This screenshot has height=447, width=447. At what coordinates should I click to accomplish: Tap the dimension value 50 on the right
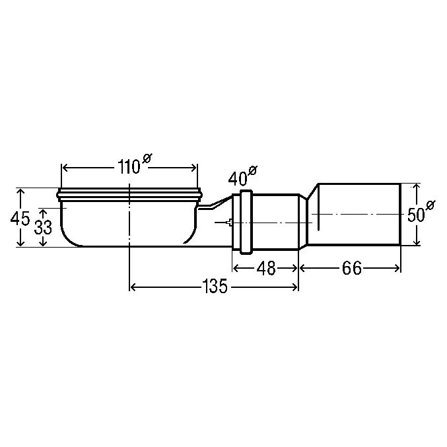pyautogui.click(x=415, y=215)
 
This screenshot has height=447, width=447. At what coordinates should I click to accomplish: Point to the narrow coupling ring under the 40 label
pyautogui.click(x=245, y=222)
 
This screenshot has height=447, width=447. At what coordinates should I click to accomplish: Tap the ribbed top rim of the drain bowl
pyautogui.click(x=129, y=194)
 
